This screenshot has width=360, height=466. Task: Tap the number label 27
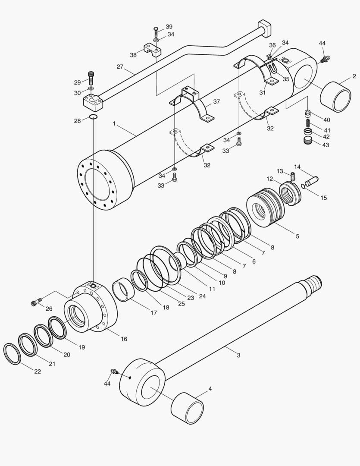120,67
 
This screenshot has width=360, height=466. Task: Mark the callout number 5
297,236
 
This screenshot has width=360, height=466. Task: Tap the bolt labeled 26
36,303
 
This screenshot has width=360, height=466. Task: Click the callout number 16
124,339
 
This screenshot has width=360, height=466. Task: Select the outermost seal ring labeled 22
12,354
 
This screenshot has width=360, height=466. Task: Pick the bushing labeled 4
188,408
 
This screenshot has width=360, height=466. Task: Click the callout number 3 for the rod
238,355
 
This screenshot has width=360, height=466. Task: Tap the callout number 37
216,102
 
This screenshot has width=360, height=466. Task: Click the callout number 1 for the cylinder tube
114,123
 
